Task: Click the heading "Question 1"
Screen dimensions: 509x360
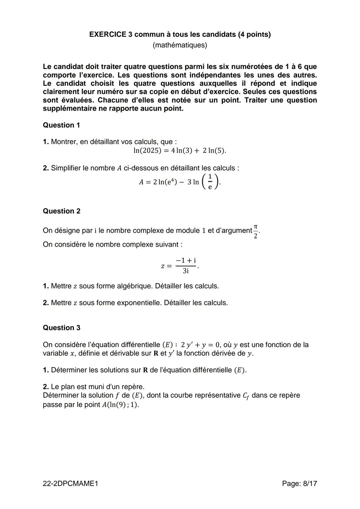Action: tap(61, 125)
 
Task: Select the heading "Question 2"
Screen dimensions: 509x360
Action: tap(62, 211)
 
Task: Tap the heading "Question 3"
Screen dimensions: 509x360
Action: tap(62, 328)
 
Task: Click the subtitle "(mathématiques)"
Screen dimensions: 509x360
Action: tap(180, 45)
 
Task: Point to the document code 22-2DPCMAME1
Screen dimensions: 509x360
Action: tap(70, 483)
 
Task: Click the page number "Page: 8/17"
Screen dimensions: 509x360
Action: tap(299, 483)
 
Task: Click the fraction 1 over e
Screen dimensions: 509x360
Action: tap(210, 182)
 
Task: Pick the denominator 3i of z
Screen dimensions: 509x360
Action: tap(186, 271)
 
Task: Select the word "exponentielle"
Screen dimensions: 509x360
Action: tap(139, 303)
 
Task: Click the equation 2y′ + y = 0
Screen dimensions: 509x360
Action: tap(200, 345)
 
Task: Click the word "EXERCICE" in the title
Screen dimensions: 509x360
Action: tap(108, 35)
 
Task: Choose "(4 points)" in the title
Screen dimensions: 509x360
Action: tap(254, 35)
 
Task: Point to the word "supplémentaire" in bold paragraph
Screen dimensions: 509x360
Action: tap(69, 109)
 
